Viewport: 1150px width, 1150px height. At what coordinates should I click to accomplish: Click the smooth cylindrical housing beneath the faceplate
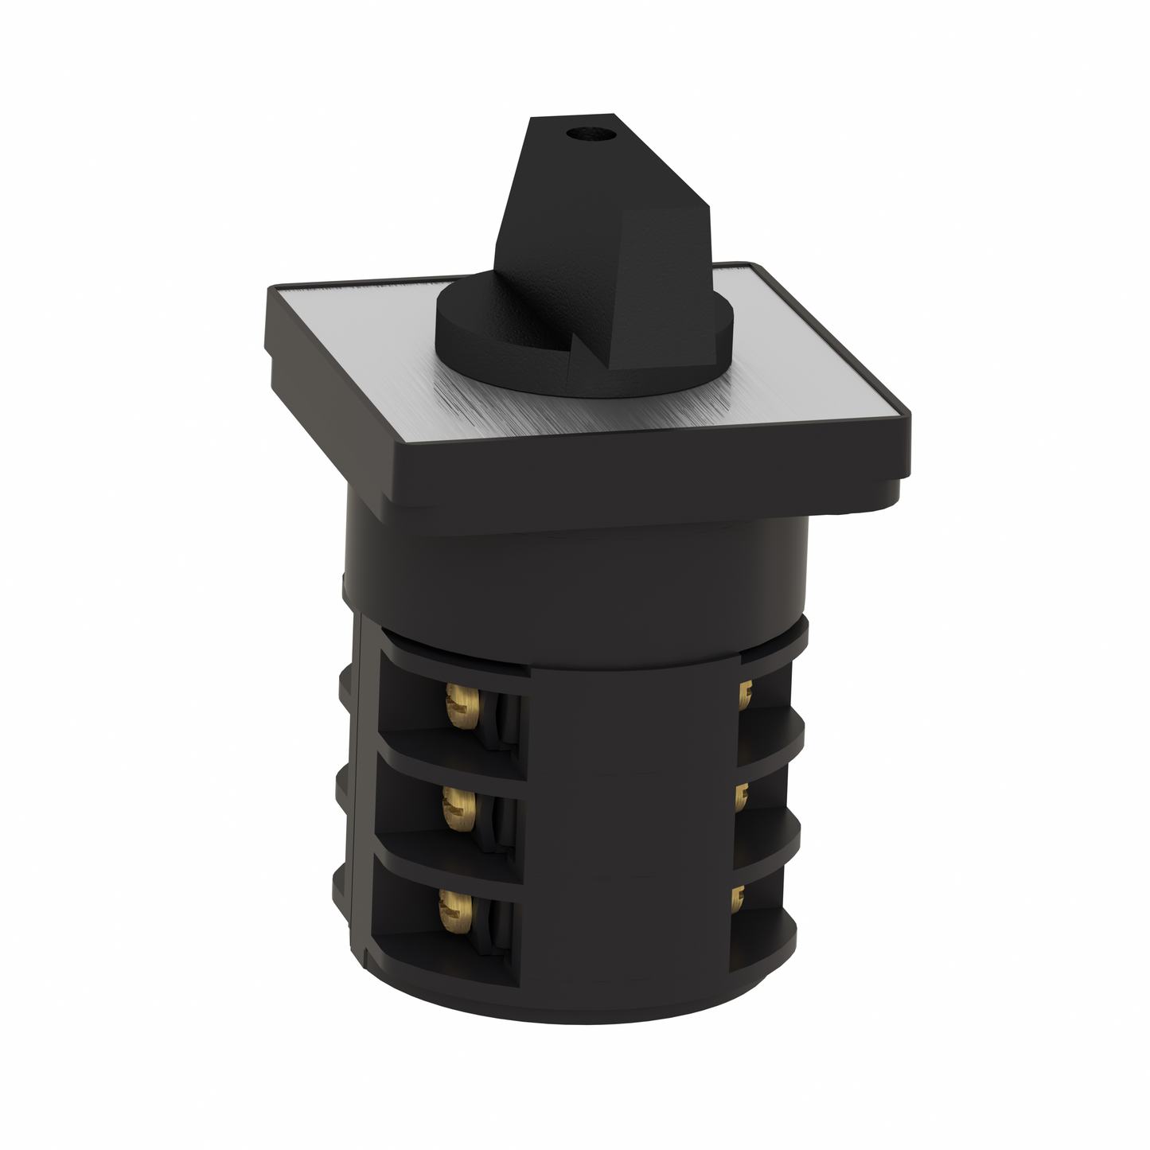click(x=573, y=573)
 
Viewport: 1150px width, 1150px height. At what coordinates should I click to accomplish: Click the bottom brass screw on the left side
click(x=451, y=907)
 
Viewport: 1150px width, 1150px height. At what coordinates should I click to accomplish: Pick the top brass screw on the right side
click(x=744, y=696)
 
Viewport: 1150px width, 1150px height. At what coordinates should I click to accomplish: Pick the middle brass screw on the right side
click(x=741, y=795)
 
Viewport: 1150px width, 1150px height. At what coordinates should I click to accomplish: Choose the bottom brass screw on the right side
click(x=738, y=898)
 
